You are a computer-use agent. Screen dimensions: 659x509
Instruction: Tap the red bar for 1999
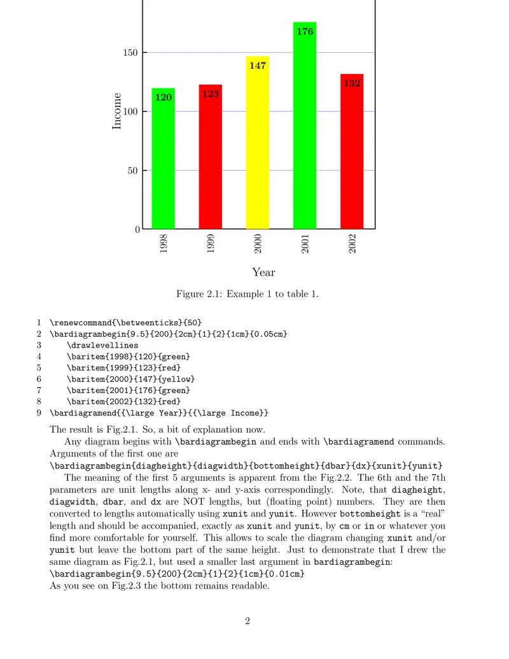211,159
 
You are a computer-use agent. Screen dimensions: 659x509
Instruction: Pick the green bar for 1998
164,162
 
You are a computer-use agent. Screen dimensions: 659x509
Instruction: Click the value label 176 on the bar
305,31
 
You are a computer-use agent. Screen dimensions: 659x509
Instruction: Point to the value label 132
352,83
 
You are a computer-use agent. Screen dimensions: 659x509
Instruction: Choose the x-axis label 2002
352,244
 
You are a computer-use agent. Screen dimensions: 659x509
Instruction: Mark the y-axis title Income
117,111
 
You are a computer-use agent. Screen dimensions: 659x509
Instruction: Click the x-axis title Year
263,273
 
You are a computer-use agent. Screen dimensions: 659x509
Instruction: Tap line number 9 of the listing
39,413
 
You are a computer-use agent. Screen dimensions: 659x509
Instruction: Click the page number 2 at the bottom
248,621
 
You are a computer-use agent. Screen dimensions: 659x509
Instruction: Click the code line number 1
39,322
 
